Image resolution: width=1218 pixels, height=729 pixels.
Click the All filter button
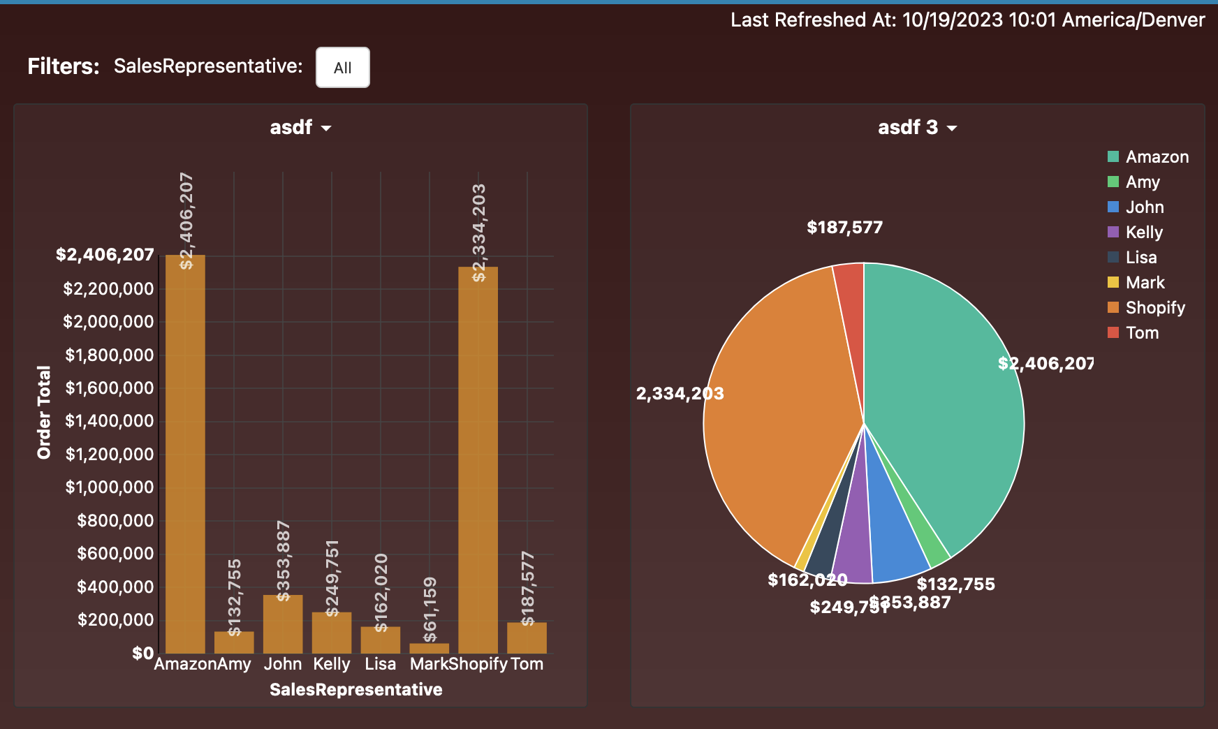[x=342, y=68]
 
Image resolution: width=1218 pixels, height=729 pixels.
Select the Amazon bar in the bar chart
[x=185, y=454]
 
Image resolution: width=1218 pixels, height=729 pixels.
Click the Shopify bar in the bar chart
[x=478, y=461]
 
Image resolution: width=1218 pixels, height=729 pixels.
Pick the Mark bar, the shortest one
[x=429, y=648]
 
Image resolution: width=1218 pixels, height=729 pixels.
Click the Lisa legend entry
[x=1140, y=258]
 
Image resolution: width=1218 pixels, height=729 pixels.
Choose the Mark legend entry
[x=1145, y=283]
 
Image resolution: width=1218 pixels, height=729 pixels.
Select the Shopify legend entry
[x=1154, y=308]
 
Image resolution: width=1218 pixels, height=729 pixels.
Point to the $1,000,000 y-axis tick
[x=110, y=487]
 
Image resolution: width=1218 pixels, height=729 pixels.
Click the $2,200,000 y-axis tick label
[x=108, y=289]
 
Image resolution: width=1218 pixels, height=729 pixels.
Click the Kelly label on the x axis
[x=331, y=664]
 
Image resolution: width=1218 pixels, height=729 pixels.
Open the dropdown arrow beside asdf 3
[x=952, y=128]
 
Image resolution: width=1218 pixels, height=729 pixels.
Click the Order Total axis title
[x=44, y=412]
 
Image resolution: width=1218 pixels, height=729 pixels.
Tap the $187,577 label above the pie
[x=844, y=228]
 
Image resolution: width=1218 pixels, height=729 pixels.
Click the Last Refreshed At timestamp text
[x=967, y=20]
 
